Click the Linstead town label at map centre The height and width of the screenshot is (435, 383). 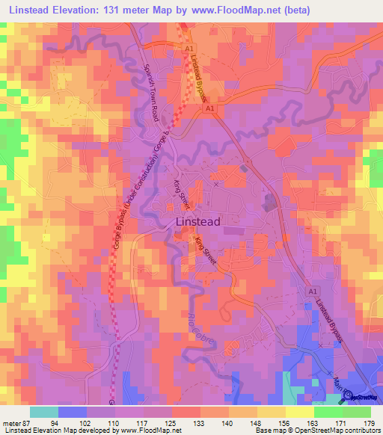[197, 222]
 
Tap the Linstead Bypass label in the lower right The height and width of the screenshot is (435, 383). [329, 320]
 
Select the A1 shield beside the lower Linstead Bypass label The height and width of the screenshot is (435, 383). [313, 291]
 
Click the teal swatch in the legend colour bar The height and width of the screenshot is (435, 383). [44, 412]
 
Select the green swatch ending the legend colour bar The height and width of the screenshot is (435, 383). [357, 412]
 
